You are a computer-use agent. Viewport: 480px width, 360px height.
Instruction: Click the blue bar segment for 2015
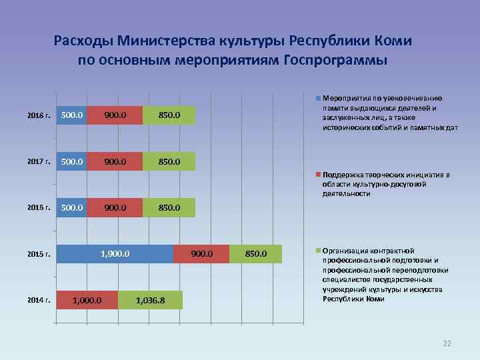tap(115, 254)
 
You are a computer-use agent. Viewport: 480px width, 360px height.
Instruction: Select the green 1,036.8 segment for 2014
tap(150, 301)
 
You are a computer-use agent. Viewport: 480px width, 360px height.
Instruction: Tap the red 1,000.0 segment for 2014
tap(87, 301)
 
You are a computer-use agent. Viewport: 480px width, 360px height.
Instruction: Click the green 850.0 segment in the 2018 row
tap(169, 115)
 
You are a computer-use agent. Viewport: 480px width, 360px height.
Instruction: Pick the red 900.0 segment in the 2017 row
tap(115, 161)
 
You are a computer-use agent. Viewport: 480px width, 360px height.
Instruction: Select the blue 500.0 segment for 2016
tap(71, 207)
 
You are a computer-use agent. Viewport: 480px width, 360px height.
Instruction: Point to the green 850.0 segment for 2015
tap(255, 254)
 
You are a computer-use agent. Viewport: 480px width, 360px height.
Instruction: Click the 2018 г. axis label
tap(39, 115)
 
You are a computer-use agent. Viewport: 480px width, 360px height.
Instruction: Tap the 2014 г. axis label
tap(39, 301)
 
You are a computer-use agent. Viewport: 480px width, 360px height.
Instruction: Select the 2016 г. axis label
tap(39, 207)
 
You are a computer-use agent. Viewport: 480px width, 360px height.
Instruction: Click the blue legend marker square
tap(318, 98)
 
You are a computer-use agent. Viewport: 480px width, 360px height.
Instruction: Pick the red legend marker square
tap(318, 175)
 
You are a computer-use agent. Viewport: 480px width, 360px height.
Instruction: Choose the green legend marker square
tap(318, 251)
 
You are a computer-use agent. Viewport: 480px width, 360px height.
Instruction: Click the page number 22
tap(447, 343)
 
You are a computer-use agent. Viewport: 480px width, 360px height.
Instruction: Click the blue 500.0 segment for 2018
tap(71, 115)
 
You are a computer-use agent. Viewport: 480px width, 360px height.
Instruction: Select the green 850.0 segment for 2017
tap(169, 161)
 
